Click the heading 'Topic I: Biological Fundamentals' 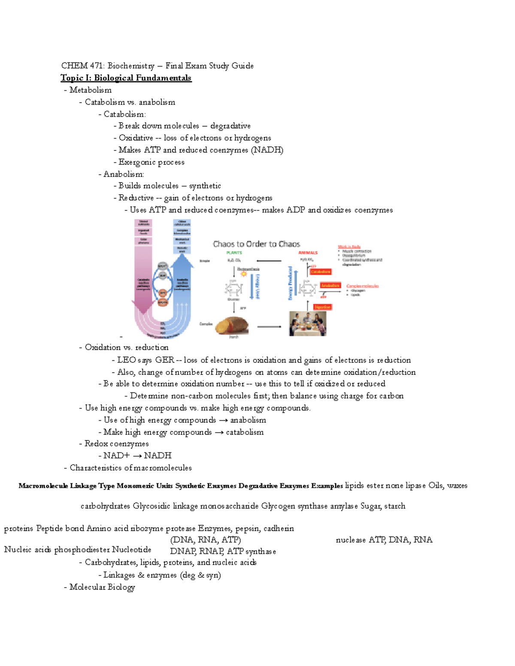click(126, 78)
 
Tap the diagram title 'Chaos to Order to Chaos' click(256, 244)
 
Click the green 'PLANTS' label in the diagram click(234, 253)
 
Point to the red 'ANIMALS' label click(308, 253)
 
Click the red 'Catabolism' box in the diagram click(320, 271)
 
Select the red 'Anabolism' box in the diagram click(330, 286)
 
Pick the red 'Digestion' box click(322, 307)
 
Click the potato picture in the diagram click(232, 325)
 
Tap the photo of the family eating click(307, 323)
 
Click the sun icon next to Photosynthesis click(244, 273)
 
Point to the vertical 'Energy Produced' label click(291, 283)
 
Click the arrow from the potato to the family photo click(269, 327)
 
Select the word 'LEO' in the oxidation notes click(126, 360)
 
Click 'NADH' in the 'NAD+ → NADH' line click(158, 455)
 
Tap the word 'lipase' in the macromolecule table click(415, 485)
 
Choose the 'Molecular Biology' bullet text click(102, 587)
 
